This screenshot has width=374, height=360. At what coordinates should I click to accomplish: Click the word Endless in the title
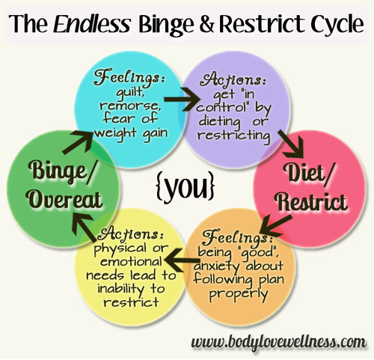[92, 24]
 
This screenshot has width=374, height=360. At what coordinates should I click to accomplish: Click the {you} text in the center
[186, 186]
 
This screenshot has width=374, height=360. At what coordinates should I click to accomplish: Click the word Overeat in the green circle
[65, 200]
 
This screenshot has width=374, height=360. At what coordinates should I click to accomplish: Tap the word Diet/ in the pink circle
[309, 172]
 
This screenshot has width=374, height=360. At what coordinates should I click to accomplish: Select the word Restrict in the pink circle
[313, 201]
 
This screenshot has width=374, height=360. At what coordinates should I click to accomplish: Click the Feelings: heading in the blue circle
[129, 77]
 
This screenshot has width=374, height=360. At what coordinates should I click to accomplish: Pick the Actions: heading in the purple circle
[233, 79]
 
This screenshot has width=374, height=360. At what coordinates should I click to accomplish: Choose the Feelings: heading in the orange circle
[237, 237]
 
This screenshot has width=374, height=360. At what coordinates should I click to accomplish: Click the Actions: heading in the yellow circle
[132, 234]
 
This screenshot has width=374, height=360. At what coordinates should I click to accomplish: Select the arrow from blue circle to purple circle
[183, 100]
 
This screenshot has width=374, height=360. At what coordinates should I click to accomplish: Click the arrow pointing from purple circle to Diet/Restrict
[291, 144]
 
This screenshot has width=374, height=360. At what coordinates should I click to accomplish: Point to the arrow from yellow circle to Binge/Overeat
[83, 228]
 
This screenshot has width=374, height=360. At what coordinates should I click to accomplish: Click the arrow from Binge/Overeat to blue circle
[78, 143]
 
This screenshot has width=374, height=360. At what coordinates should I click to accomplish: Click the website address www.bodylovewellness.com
[279, 342]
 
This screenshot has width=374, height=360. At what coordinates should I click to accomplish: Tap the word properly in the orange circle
[239, 294]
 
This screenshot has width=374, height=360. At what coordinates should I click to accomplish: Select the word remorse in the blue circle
[130, 106]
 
